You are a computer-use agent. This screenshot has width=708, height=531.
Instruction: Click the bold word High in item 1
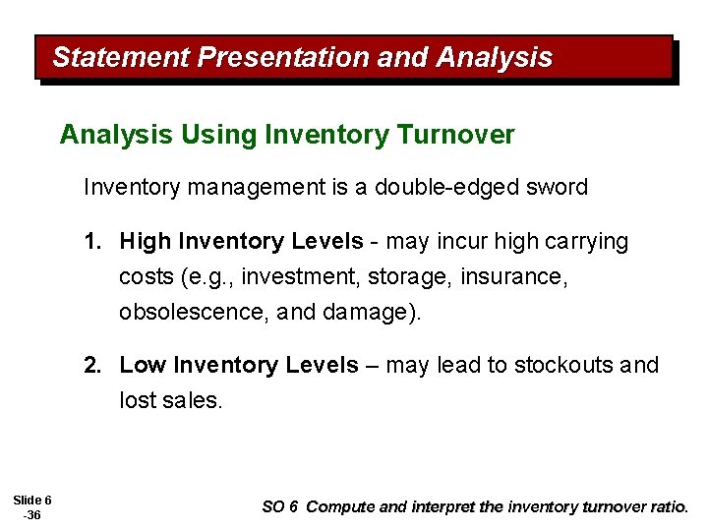click(x=145, y=242)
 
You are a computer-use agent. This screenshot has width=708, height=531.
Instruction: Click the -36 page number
click(x=32, y=516)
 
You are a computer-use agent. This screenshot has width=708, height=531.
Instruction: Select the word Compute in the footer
click(x=340, y=507)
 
